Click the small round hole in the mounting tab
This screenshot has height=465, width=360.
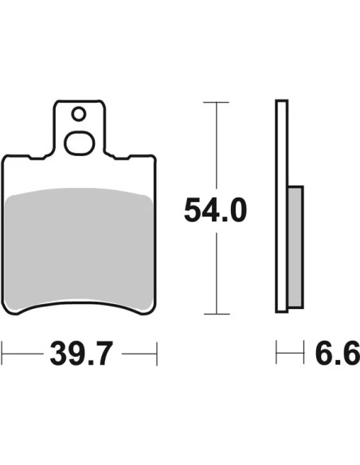pyautogui.click(x=79, y=114)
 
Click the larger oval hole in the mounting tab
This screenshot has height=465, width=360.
pyautogui.click(x=79, y=143)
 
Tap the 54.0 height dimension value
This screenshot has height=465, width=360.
pyautogui.click(x=215, y=210)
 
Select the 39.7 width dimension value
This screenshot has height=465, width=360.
pyautogui.click(x=82, y=354)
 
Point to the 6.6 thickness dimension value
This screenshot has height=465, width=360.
pyautogui.click(x=338, y=353)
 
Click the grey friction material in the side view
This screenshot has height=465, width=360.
pyautogui.click(x=295, y=247)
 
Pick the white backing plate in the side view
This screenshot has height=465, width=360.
pyautogui.click(x=282, y=206)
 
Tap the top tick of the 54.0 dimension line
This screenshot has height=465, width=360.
pyautogui.click(x=216, y=102)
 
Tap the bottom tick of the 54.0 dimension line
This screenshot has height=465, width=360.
pyautogui.click(x=217, y=314)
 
